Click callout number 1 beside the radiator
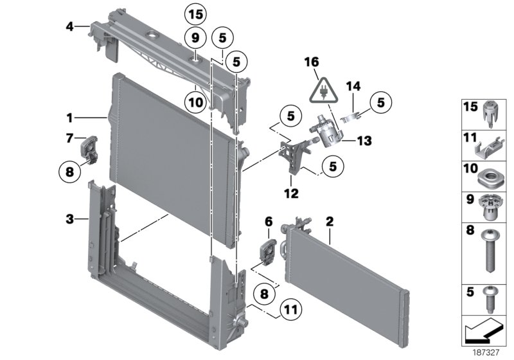(x=69, y=118)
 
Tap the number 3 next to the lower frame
(x=69, y=219)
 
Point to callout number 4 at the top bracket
(x=69, y=26)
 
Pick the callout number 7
(x=69, y=138)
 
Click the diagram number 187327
(x=486, y=353)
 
